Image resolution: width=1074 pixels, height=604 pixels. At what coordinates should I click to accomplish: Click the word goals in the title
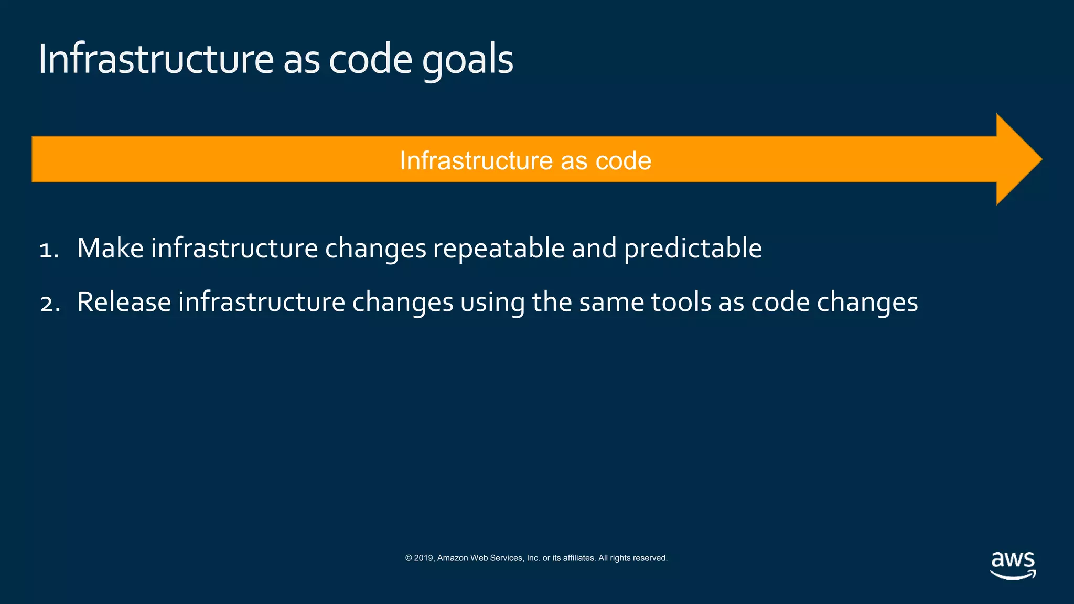(x=467, y=60)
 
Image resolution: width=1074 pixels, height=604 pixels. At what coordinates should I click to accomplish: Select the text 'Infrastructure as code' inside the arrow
(x=525, y=160)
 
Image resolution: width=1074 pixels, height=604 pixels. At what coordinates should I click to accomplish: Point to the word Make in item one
(x=110, y=248)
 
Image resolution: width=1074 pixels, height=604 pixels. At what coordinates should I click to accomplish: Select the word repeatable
(x=498, y=249)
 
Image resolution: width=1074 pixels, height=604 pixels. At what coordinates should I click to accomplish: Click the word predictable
(x=693, y=249)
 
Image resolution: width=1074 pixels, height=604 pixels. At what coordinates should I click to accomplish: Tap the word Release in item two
(x=124, y=303)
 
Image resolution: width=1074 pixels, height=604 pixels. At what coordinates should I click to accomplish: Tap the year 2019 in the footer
(x=423, y=558)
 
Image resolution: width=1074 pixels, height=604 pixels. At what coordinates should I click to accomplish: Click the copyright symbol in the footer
(x=409, y=558)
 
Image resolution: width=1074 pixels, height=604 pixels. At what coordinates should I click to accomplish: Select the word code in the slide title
(x=370, y=59)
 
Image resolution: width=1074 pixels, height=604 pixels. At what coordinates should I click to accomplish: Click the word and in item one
(x=594, y=248)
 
